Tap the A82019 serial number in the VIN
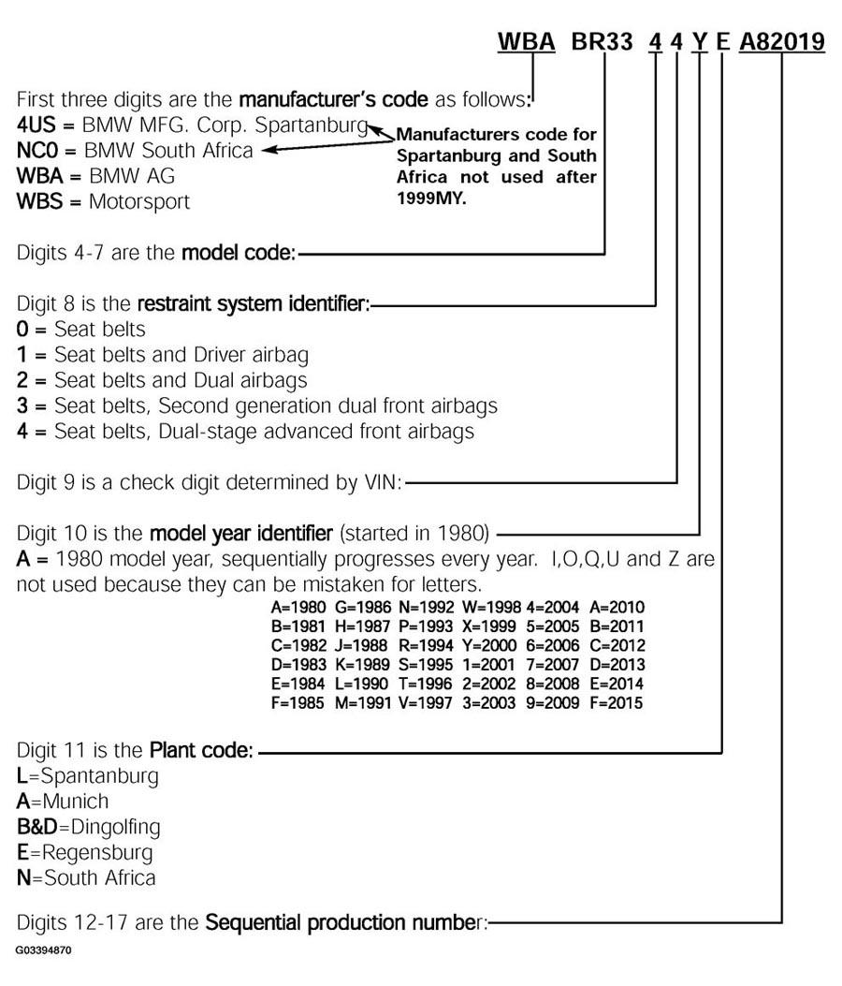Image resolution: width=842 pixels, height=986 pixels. pos(782,42)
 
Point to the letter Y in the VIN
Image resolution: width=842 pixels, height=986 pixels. pos(699,42)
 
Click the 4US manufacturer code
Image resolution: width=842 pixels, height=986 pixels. pos(35,125)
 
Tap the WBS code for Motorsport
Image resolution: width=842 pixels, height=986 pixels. pos(38,200)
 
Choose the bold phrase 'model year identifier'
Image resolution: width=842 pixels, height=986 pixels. pos(240,534)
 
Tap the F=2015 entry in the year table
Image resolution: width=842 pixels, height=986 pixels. pos(617,702)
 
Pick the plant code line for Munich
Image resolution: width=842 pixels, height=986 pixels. pos(63,802)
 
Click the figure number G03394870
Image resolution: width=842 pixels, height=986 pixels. pos(43,950)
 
